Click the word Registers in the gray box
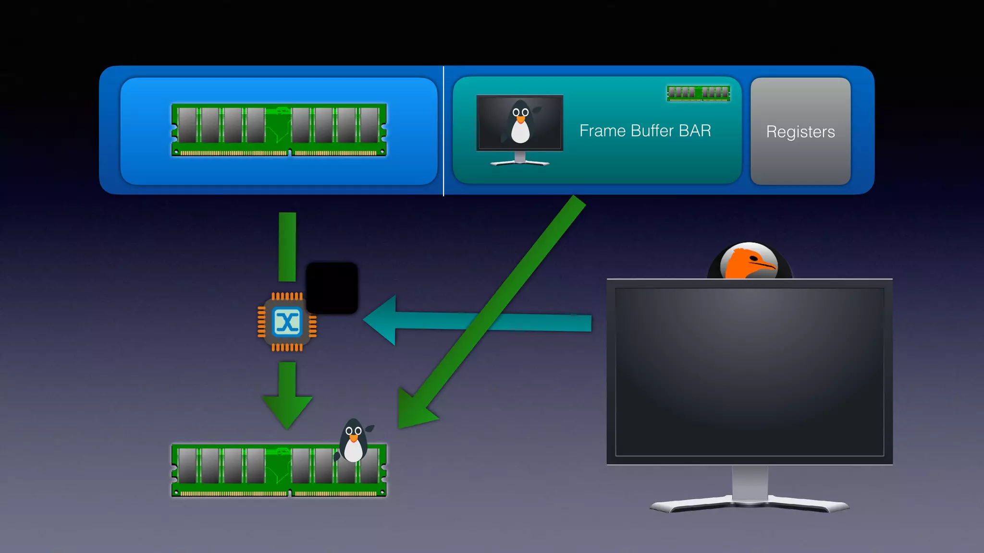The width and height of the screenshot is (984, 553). pos(800,132)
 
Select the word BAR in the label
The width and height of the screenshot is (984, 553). pos(695,131)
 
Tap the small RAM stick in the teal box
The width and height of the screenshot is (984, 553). pos(699,93)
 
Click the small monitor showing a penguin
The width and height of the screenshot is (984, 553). pos(519,123)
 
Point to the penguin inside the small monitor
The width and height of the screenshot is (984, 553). pos(520,122)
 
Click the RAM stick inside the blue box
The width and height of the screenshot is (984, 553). pos(279,130)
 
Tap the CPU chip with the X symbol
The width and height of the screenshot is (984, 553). pos(287,322)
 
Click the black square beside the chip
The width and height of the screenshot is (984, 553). pos(332,288)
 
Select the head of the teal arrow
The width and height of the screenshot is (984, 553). pos(382,320)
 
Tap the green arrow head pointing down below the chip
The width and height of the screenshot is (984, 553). pos(287,410)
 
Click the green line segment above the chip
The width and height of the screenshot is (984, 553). pos(287,247)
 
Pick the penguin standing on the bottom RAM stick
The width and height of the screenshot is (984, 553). pos(354,441)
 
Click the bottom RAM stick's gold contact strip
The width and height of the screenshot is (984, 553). pos(279,493)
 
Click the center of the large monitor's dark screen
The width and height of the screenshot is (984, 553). pos(750,372)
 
